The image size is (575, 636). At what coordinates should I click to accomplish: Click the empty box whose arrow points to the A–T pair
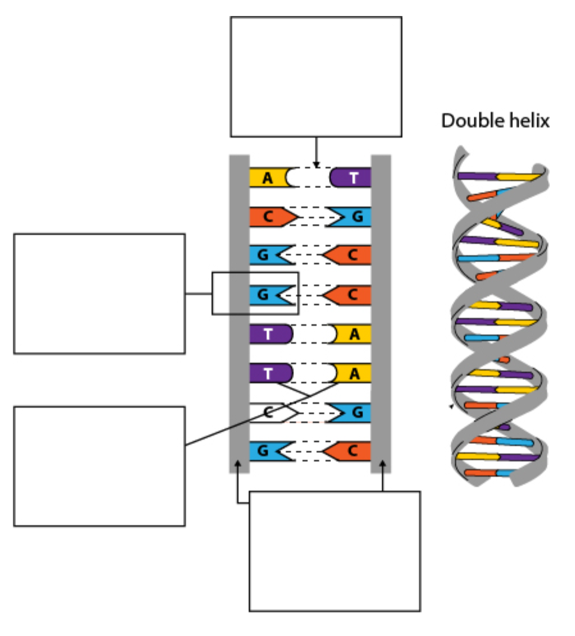(316, 77)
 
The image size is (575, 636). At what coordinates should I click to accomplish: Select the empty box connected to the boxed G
(99, 294)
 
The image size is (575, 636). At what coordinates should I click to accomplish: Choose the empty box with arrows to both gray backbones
(335, 552)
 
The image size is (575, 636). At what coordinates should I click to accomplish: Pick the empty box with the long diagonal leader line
(99, 466)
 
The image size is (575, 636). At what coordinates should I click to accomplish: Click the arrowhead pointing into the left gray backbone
(238, 464)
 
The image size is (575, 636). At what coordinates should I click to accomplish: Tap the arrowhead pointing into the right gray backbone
(382, 464)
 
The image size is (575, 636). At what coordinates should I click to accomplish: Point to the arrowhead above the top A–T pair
(316, 164)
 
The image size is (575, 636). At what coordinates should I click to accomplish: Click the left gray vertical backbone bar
(239, 314)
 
